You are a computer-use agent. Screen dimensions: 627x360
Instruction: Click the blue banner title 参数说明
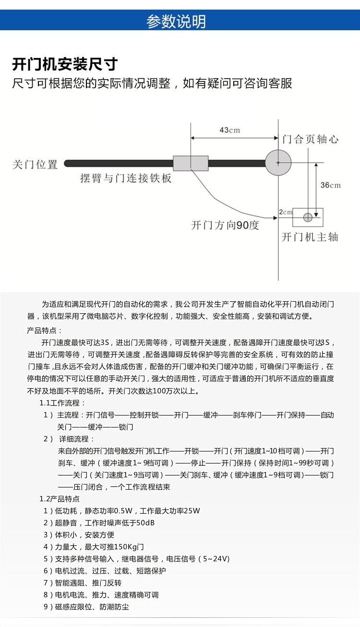point(176,22)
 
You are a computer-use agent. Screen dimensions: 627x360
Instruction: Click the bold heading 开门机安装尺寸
point(65,64)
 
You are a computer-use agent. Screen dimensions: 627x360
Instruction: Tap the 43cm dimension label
point(229,130)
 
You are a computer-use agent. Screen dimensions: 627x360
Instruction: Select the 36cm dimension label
point(330,185)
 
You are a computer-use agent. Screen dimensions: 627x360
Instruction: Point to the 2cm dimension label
point(285,212)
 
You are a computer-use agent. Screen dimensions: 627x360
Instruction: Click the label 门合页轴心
point(310,139)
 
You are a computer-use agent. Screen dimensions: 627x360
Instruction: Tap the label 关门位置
point(35,165)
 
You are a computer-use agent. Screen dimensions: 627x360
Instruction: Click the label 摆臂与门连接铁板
point(125,178)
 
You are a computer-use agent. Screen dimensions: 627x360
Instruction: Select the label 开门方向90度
point(225,225)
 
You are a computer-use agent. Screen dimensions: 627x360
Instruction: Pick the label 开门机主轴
point(310,237)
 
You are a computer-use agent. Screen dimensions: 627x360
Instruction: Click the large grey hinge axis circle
point(278,163)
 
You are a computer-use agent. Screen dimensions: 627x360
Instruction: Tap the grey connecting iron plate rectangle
point(191,163)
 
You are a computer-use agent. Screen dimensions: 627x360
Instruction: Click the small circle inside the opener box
point(308,217)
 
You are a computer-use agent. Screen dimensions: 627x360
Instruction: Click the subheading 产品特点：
point(45,331)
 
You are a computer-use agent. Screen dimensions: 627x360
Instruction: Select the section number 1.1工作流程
point(62,403)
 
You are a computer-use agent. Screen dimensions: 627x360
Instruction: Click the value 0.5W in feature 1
point(123,511)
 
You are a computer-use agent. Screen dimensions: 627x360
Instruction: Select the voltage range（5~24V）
point(209,559)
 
